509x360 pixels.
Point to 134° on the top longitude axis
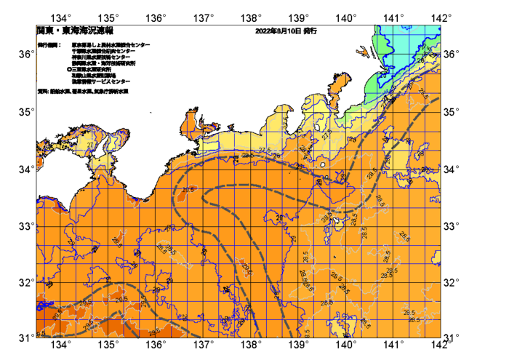coord(62,17)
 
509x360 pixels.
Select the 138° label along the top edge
coord(252,17)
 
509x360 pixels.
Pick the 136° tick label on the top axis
coord(156,17)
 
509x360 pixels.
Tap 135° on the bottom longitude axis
coord(109,344)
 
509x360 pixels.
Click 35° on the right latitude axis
coord(452,112)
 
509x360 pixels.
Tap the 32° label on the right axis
coord(452,282)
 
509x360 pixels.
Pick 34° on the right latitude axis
coord(452,169)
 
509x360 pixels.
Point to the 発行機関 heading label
coord(49,45)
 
